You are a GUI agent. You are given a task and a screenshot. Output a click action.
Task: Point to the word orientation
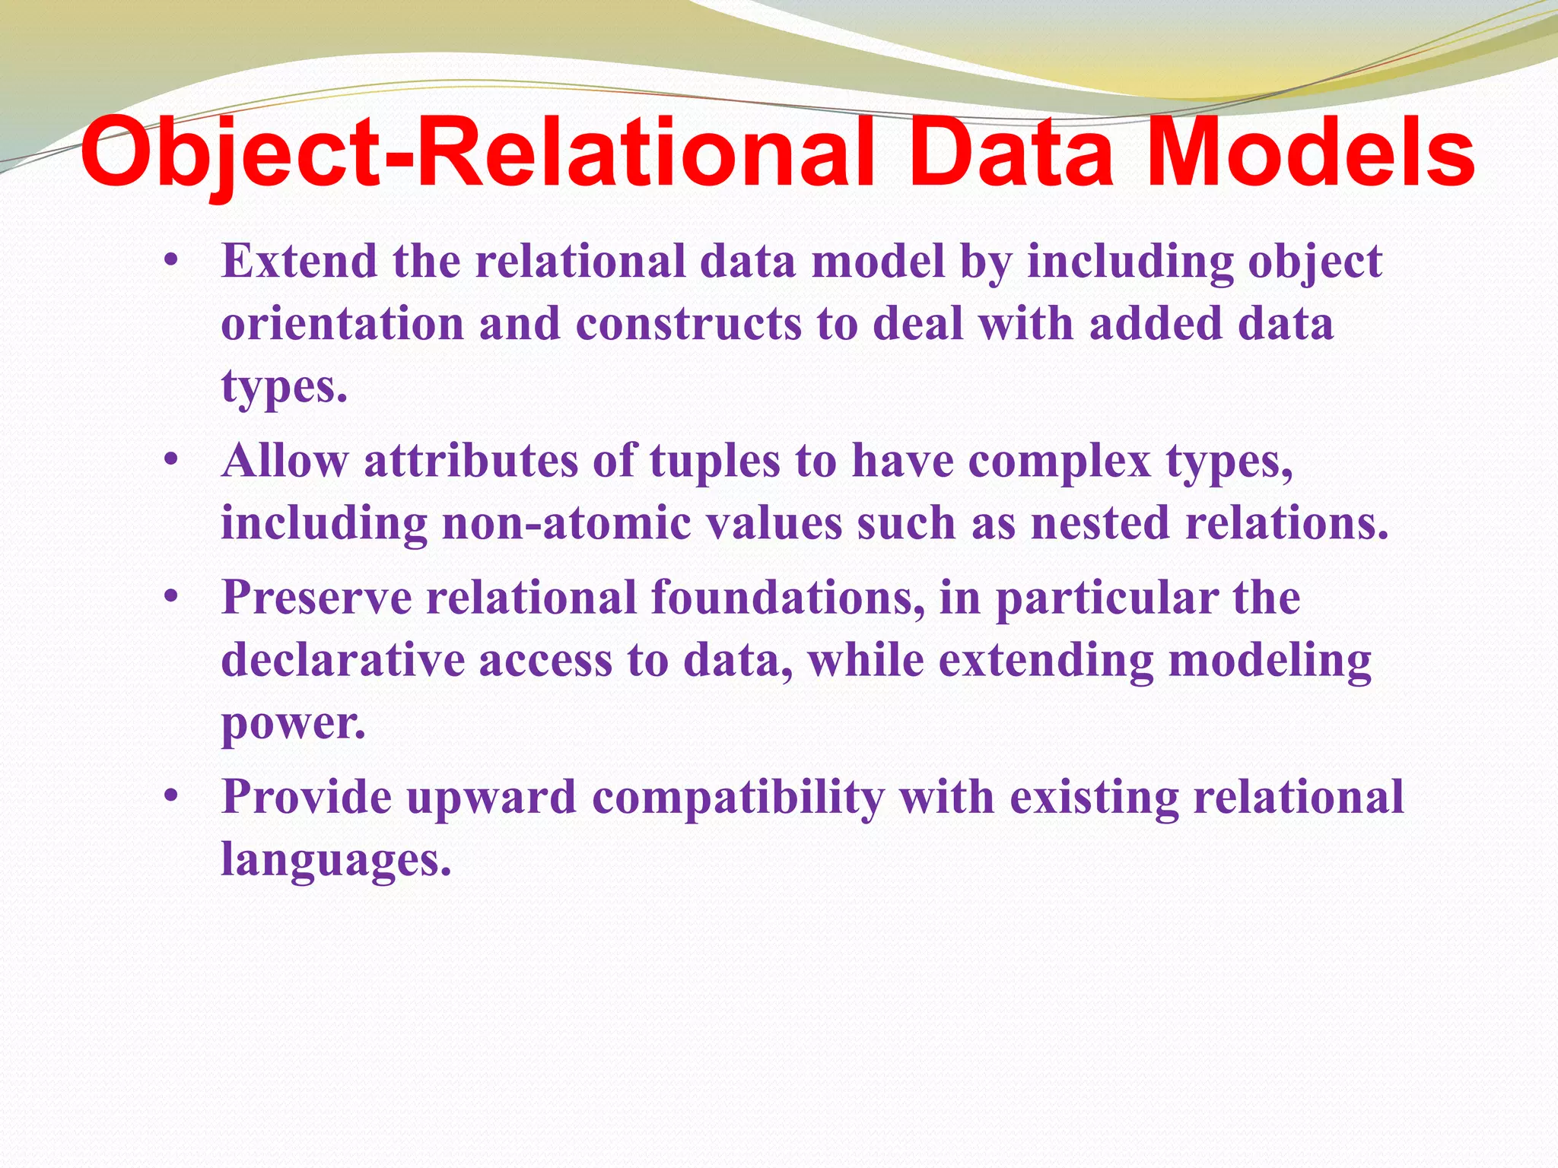click(x=342, y=324)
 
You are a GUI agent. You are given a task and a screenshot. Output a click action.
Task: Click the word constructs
click(x=688, y=324)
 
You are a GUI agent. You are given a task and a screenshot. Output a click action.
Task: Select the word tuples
click(x=715, y=461)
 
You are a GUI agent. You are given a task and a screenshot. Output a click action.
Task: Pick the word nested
click(x=1100, y=524)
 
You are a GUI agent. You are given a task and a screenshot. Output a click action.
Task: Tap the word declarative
click(x=342, y=660)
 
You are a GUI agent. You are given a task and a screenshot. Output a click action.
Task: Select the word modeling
click(x=1270, y=660)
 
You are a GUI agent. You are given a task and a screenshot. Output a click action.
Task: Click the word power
click(x=293, y=724)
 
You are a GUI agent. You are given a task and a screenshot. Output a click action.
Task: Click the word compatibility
click(x=738, y=798)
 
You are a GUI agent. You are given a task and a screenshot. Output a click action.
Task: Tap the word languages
click(x=335, y=861)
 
